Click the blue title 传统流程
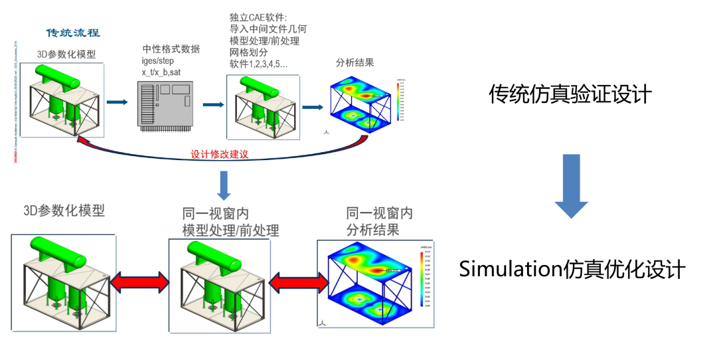click(73, 33)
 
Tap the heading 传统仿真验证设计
click(570, 94)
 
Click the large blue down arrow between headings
click(571, 186)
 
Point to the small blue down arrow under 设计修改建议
click(224, 184)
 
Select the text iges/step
click(158, 61)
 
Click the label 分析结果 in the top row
click(355, 63)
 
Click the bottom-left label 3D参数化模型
click(64, 211)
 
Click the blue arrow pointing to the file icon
click(118, 103)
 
